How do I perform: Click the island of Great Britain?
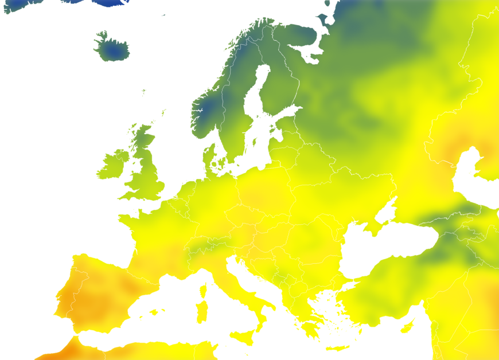pyautogui.click(x=146, y=172)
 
